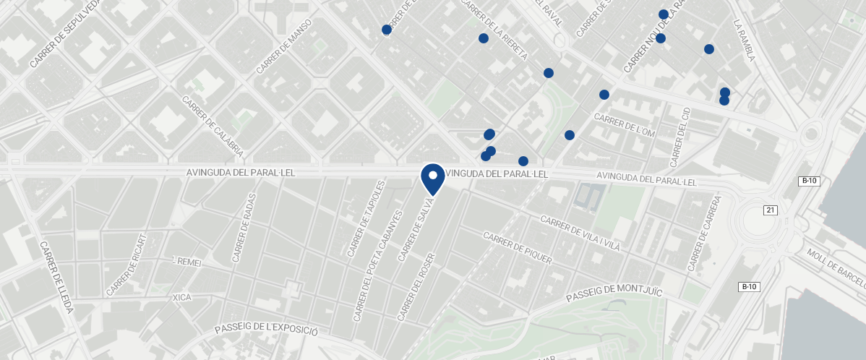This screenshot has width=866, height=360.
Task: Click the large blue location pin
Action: coord(432,179)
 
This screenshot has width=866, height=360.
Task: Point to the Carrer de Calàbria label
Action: coord(213,127)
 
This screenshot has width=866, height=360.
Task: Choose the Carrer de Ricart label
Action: coord(127,265)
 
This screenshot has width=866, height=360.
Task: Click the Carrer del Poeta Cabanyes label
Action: coord(376,267)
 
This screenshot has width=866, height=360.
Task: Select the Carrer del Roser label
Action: coord(418,287)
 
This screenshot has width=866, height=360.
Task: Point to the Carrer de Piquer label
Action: coord(517,248)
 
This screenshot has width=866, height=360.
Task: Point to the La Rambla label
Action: coord(743,40)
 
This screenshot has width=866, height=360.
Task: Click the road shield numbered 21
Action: coord(771,210)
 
